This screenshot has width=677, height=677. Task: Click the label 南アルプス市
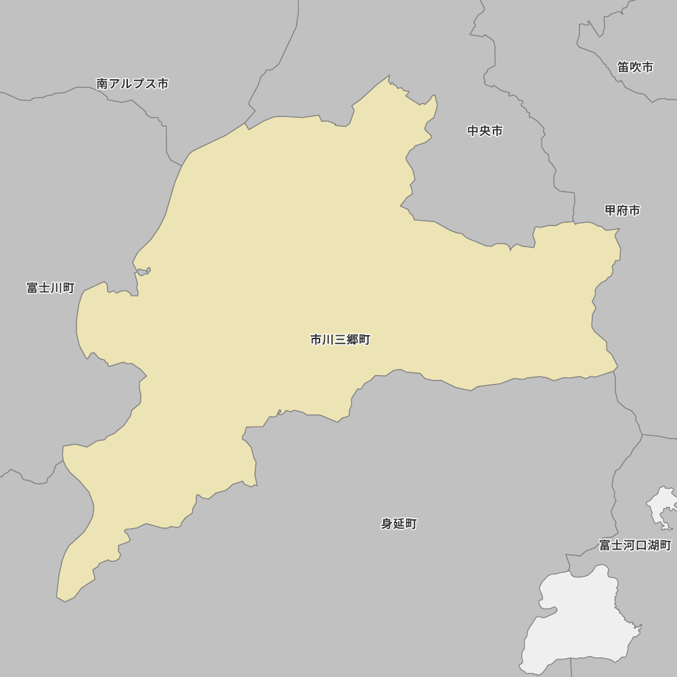[133, 84]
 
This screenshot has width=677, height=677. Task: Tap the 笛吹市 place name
[635, 67]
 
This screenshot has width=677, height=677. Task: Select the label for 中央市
[485, 131]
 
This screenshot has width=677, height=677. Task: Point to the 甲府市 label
[622, 211]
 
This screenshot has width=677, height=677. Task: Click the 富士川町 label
[51, 288]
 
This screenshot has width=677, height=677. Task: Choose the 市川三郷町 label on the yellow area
[340, 340]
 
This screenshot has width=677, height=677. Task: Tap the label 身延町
[399, 523]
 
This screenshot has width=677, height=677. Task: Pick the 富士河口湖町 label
[635, 545]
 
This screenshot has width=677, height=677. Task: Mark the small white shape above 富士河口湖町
[661, 504]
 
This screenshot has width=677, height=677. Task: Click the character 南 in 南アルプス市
[103, 84]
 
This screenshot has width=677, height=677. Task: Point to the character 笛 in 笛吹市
[624, 67]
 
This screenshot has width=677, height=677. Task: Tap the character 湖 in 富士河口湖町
[653, 545]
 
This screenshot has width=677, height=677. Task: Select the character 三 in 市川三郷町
[341, 340]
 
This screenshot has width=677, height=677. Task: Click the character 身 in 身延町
[387, 523]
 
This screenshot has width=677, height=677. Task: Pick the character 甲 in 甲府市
[611, 211]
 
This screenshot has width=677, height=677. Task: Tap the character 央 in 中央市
[485, 131]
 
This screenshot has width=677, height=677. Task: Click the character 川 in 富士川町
[57, 288]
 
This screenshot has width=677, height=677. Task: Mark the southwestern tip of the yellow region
[59, 598]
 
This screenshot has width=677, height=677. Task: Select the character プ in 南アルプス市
[139, 84]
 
